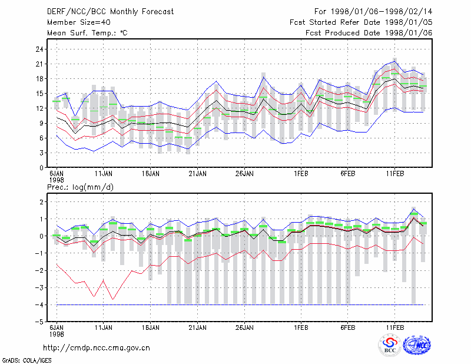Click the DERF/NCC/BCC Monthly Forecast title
click(110, 12)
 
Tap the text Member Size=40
click(79, 22)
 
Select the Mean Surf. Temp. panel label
click(87, 33)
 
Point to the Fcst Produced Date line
click(369, 33)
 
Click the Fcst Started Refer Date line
click(361, 22)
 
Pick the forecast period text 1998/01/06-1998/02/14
click(382, 12)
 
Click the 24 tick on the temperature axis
click(39, 49)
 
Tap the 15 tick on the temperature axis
click(39, 94)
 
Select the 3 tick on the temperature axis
click(41, 153)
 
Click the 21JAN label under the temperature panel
click(197, 174)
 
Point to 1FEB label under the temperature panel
click(301, 174)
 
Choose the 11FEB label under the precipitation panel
click(394, 327)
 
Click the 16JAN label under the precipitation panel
click(151, 327)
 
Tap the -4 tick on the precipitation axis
click(39, 305)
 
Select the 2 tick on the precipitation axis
click(41, 202)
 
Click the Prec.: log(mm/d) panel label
click(80, 187)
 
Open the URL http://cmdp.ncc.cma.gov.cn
click(97, 348)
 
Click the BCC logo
click(390, 345)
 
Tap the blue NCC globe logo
click(417, 345)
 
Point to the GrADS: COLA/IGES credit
click(26, 360)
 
